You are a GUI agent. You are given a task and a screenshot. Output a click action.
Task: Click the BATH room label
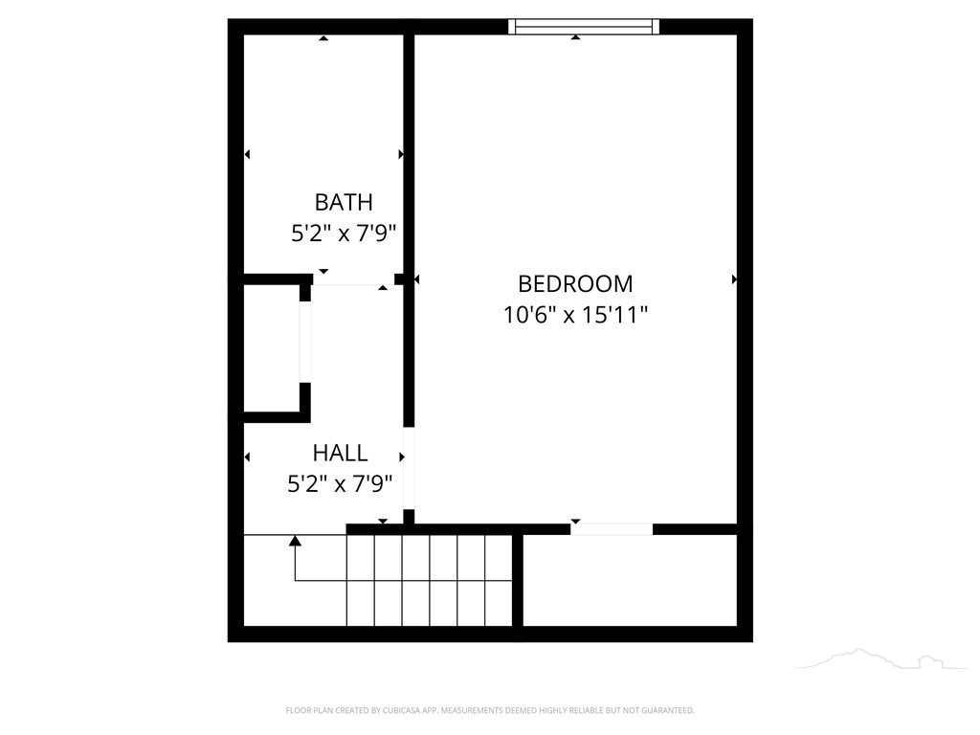[x=344, y=202]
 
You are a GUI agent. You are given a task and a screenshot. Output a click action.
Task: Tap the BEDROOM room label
[x=575, y=283]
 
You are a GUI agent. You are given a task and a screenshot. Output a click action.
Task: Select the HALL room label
[x=340, y=453]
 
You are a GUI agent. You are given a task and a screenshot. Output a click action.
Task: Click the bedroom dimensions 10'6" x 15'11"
[x=575, y=314]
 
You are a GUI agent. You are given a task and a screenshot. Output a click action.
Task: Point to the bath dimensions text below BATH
[x=344, y=234]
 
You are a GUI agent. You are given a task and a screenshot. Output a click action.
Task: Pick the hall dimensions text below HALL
[x=340, y=483]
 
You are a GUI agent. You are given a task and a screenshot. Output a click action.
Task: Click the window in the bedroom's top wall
[x=583, y=26]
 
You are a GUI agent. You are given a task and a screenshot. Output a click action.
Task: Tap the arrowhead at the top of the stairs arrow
[x=295, y=540]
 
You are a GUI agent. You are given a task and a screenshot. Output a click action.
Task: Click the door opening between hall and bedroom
[x=409, y=468]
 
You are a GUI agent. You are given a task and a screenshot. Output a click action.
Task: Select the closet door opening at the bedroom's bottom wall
[x=612, y=529]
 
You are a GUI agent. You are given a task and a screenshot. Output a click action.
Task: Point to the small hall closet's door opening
[x=304, y=342]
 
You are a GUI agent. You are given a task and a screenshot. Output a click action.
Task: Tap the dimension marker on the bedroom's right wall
[x=734, y=279]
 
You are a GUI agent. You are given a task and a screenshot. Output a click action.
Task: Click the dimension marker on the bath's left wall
[x=247, y=154]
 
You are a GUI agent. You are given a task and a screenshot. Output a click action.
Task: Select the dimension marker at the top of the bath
[x=323, y=38]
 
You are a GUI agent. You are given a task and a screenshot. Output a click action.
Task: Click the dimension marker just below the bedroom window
[x=575, y=37]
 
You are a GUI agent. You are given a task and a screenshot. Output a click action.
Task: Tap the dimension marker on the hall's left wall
[x=247, y=457]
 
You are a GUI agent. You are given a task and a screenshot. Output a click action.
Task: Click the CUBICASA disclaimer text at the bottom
[x=490, y=710]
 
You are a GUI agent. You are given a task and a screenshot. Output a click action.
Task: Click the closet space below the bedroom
[x=630, y=580]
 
